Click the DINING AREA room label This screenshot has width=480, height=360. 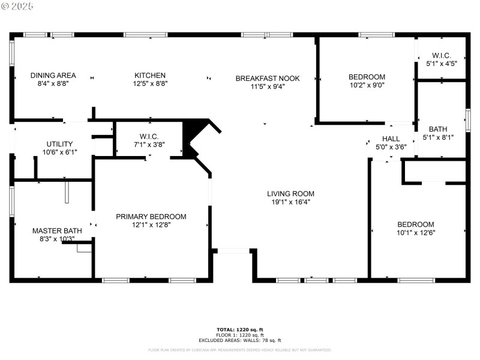[53, 75]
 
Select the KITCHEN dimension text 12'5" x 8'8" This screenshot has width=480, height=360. [150, 83]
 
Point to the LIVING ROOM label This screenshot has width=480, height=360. [290, 193]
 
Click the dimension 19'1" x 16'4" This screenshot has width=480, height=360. [290, 202]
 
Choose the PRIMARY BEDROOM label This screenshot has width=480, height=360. [151, 217]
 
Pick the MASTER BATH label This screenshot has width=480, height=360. [53, 230]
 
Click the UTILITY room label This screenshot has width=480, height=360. [59, 144]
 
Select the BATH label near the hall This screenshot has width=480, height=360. [437, 129]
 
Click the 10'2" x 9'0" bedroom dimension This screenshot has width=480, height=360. [367, 85]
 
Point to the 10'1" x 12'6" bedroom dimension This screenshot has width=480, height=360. [415, 232]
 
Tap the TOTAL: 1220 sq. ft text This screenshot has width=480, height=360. [240, 329]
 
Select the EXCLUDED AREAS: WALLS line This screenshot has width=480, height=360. [240, 340]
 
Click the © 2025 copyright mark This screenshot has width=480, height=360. [18, 6]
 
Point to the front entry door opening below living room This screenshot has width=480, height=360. [232, 251]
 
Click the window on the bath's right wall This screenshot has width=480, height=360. [468, 119]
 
